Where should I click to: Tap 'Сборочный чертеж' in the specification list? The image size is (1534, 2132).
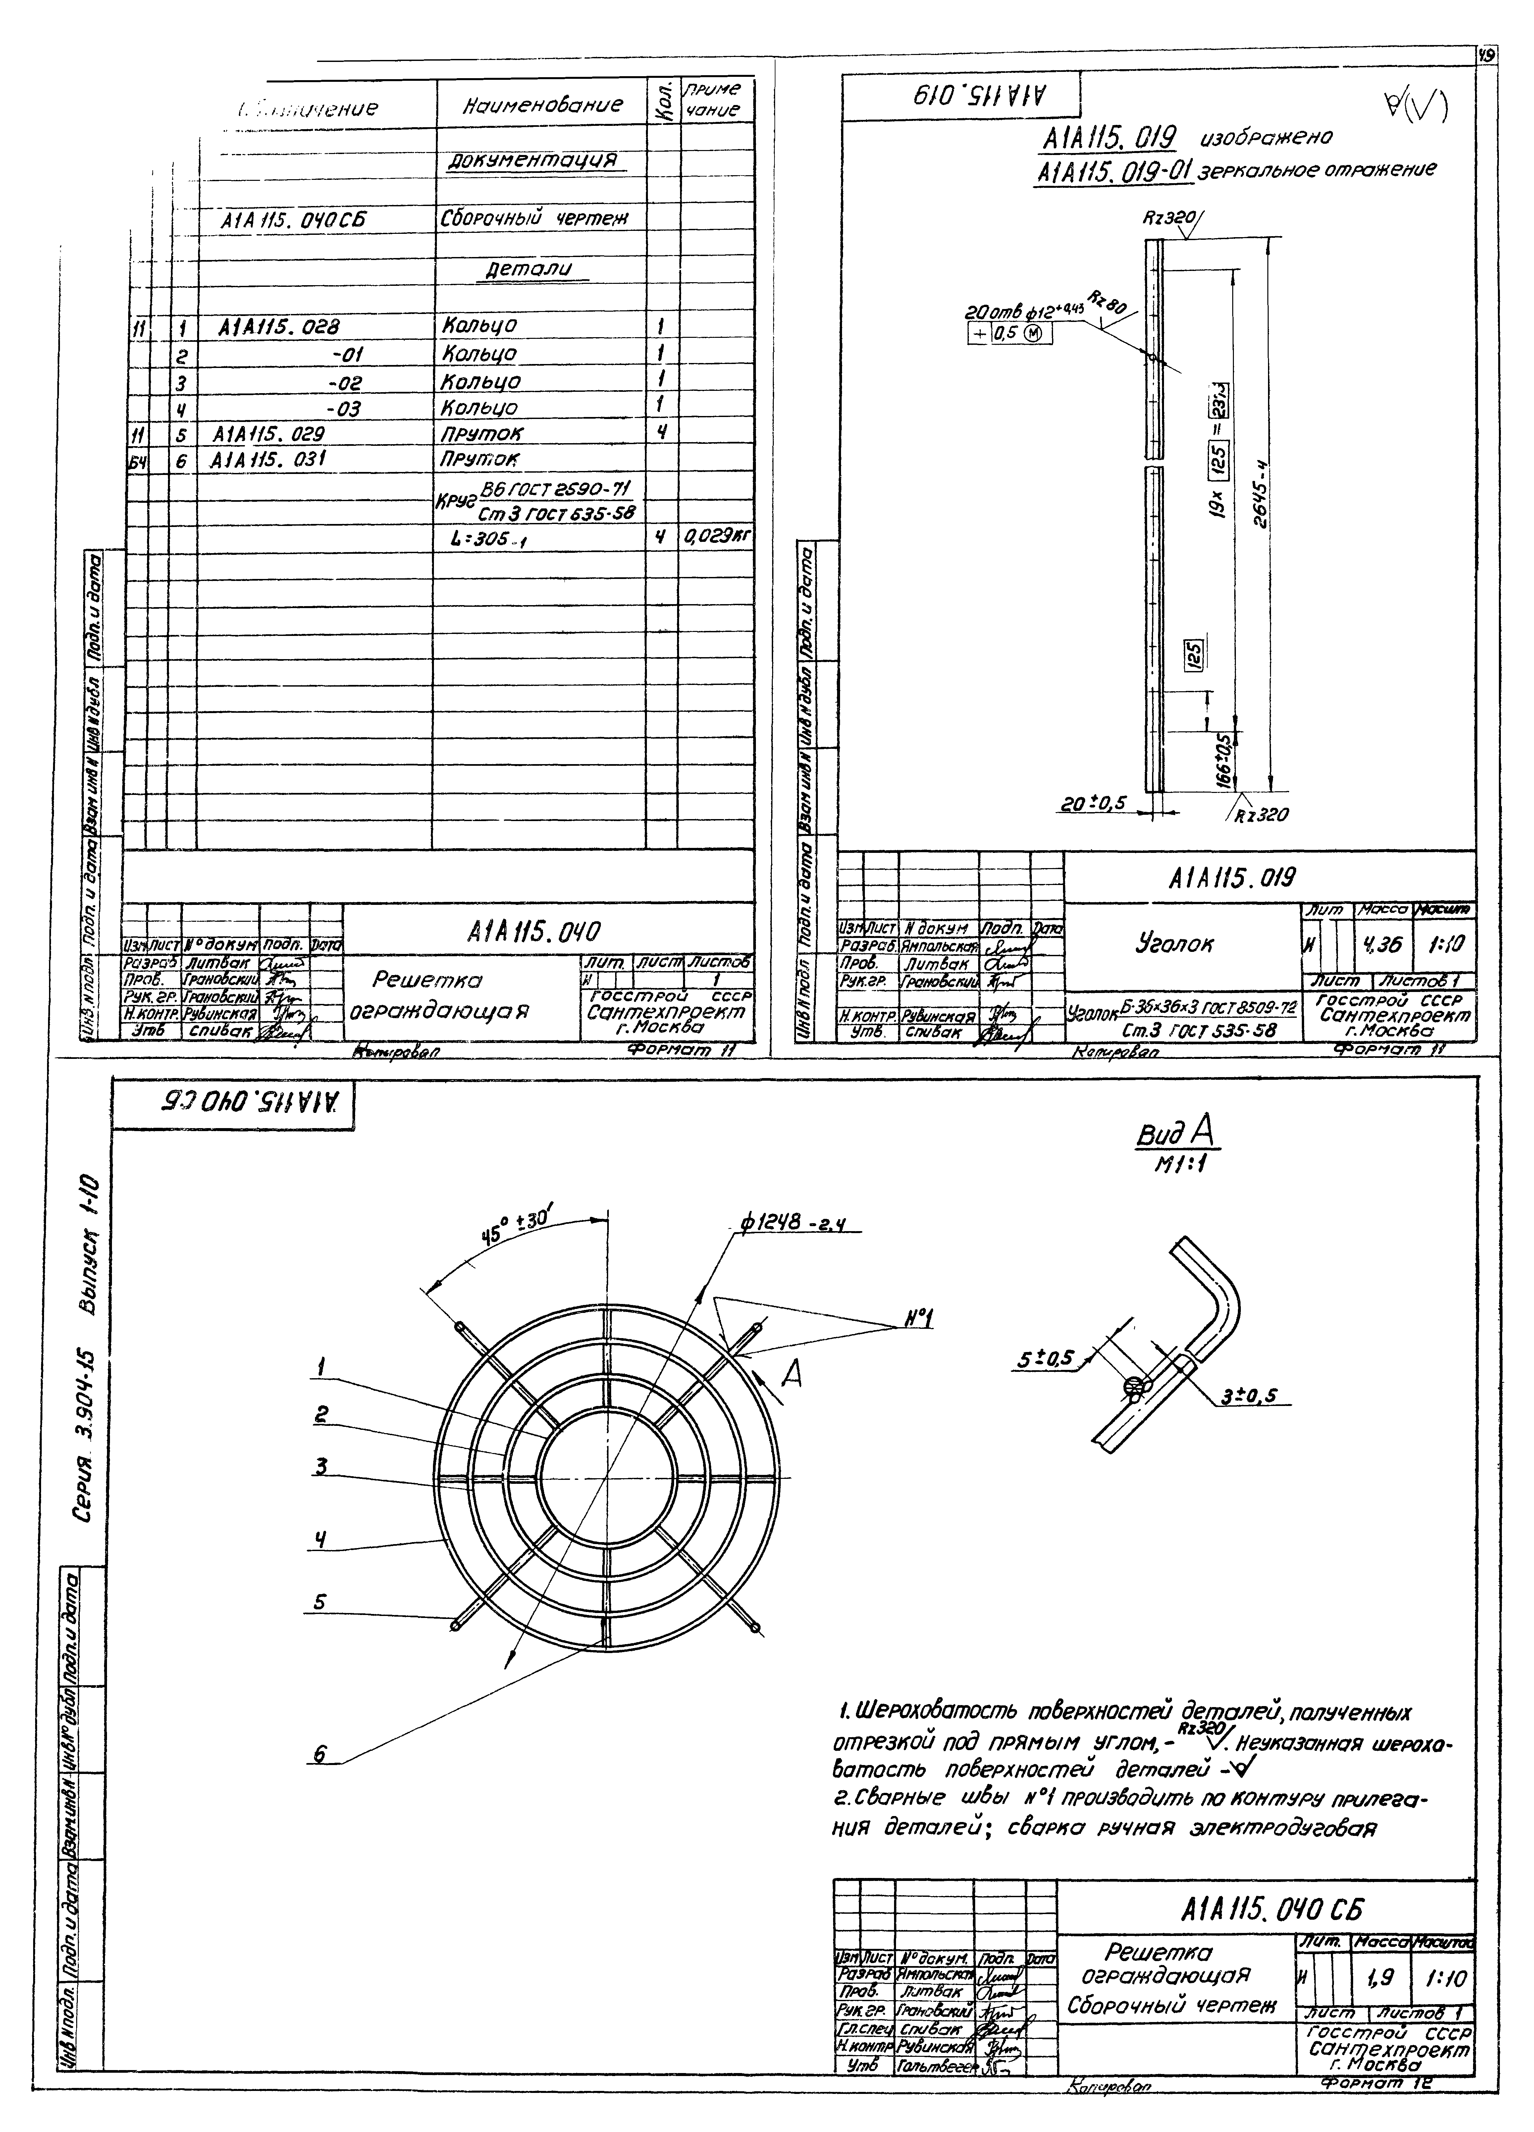pyautogui.click(x=534, y=218)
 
